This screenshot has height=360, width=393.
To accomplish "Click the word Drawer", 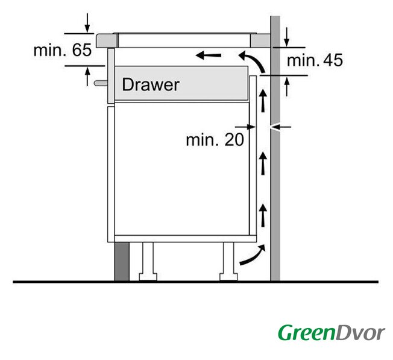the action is (150, 84).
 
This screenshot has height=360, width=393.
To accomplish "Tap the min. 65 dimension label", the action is (63, 50).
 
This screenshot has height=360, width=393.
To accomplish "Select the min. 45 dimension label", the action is (315, 60).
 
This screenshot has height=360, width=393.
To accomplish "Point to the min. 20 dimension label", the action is (215, 139).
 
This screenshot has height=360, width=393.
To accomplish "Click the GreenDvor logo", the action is (332, 333).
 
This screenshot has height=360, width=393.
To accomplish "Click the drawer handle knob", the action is (101, 83).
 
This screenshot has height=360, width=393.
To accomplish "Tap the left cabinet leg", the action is (148, 261).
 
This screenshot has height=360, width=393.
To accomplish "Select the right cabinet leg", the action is (228, 261).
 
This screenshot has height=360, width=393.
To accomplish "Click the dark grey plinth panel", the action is (122, 262).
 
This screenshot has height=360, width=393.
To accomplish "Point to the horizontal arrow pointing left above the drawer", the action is (209, 55).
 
